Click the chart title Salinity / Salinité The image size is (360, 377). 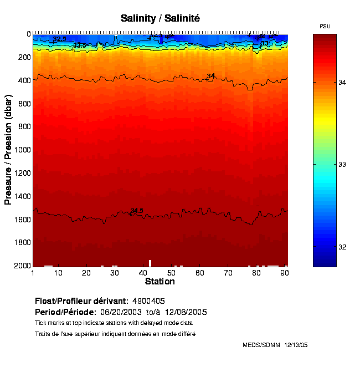[x=160, y=18]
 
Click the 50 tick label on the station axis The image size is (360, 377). [x=171, y=273]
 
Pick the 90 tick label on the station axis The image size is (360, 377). [x=284, y=273]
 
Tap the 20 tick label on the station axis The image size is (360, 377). [x=86, y=273]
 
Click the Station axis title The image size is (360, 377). [x=160, y=282]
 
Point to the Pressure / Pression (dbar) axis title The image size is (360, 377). [x=8, y=150]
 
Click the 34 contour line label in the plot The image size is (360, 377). [x=210, y=76]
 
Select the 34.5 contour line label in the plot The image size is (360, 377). [x=137, y=211]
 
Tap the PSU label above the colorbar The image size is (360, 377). [x=325, y=27]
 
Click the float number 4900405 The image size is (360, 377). [x=148, y=301]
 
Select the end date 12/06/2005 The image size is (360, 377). [x=182, y=312]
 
